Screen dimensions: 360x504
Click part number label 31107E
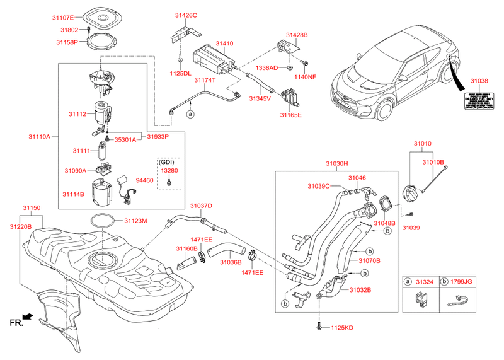[62, 17]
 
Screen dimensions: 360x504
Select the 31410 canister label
[224, 44]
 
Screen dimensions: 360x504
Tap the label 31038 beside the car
[480, 81]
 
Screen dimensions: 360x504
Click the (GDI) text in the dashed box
[168, 162]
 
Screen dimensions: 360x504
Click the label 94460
[145, 180]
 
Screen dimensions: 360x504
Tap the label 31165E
[291, 115]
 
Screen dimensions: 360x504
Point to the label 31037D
[202, 206]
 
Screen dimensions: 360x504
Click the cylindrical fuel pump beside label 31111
[101, 151]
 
